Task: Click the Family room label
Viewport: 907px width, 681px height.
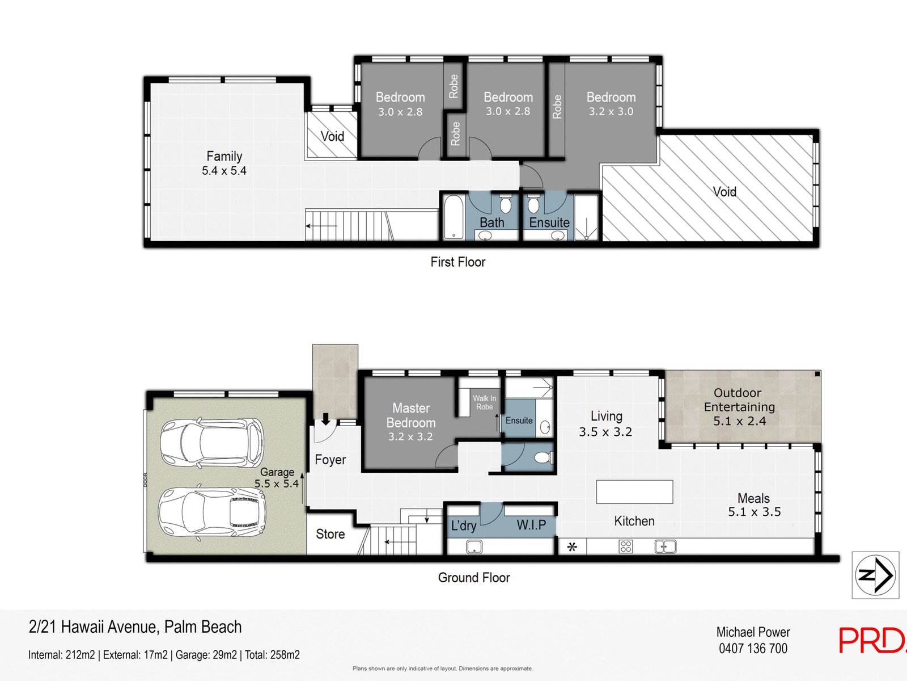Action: [x=224, y=156]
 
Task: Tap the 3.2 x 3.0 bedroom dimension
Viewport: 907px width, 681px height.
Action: [x=611, y=112]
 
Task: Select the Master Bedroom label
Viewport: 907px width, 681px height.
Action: [x=411, y=415]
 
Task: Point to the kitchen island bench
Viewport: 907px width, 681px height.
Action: [x=634, y=491]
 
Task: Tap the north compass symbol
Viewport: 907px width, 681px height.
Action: [x=875, y=575]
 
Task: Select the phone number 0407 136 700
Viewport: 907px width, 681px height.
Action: [x=753, y=649]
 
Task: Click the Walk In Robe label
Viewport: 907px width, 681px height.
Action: [x=484, y=402]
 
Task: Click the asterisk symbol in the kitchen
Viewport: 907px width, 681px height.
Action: [x=572, y=547]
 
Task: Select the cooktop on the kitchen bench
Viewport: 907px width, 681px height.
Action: [x=626, y=547]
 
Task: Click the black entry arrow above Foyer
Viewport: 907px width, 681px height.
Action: [x=326, y=419]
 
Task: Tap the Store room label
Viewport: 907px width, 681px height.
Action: [x=330, y=534]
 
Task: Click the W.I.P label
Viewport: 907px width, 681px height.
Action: [x=531, y=526]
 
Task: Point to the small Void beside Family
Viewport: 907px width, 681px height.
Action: [x=332, y=136]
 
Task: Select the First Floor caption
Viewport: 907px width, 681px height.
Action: [x=457, y=262]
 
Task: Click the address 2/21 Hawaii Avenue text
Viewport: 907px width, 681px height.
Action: [x=135, y=627]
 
